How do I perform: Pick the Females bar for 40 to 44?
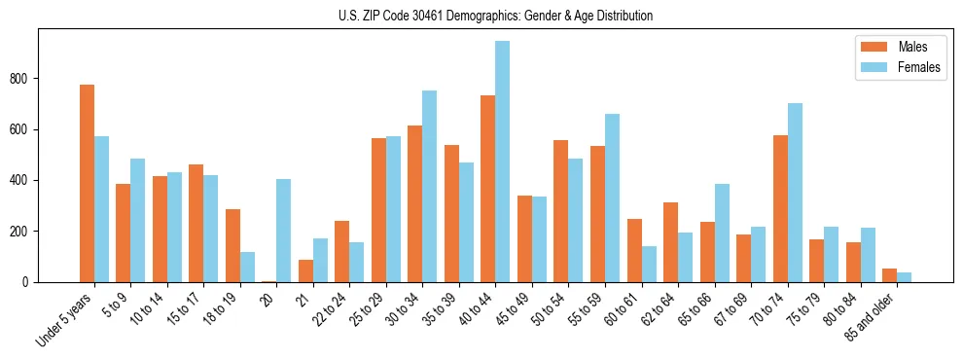[503, 162]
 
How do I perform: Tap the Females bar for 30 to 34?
[430, 186]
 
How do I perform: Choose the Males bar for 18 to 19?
[232, 245]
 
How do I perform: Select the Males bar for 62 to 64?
[670, 242]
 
